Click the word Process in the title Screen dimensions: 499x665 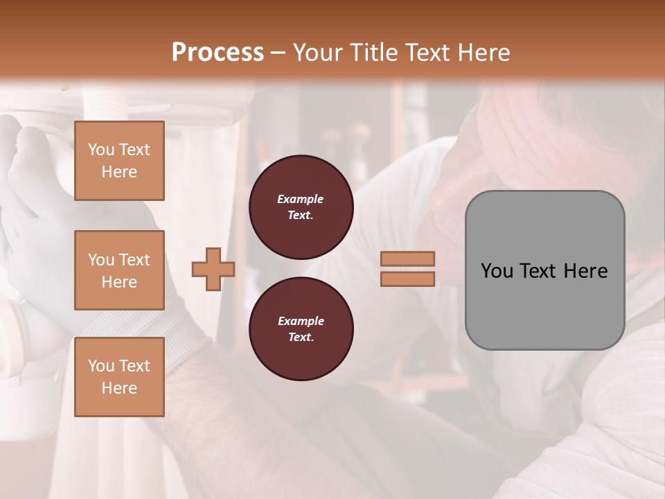[218, 52]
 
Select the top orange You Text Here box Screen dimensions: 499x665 [119, 161]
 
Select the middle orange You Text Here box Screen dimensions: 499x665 [119, 270]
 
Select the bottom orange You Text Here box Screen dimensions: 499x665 [119, 377]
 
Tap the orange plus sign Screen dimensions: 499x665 [213, 269]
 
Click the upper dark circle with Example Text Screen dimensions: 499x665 [301, 207]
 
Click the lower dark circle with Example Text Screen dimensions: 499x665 [301, 329]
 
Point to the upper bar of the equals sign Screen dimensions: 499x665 [407, 259]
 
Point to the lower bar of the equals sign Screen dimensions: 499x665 [407, 279]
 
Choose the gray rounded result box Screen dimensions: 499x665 [544, 270]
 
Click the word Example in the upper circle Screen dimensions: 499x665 [301, 199]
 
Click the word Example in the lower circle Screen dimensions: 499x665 [301, 321]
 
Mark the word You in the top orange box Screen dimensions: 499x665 [101, 150]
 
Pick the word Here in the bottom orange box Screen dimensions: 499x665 [119, 388]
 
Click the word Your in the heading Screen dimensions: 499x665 [317, 53]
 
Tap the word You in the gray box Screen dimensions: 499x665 [497, 271]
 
